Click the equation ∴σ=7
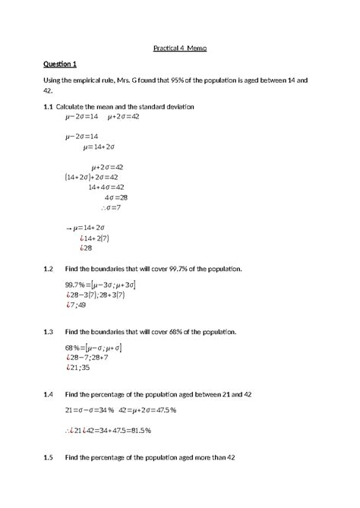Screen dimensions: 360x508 click(x=111, y=207)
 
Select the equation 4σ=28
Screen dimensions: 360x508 click(x=116, y=197)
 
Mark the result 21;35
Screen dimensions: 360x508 click(x=79, y=368)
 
